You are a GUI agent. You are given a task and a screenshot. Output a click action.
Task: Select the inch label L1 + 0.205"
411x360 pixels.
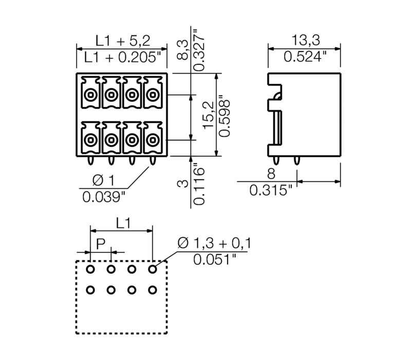[122, 58]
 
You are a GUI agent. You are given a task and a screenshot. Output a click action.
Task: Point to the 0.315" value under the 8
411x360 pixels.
[270, 190]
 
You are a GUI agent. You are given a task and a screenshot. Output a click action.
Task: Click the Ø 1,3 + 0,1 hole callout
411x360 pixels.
[213, 242]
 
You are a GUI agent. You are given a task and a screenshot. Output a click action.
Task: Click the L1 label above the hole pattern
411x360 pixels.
[122, 223]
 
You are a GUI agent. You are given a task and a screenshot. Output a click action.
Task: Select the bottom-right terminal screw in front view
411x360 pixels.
[152, 139]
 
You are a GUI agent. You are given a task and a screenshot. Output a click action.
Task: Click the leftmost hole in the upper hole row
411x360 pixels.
[90, 269]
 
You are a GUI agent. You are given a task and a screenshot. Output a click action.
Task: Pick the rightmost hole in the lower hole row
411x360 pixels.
[152, 290]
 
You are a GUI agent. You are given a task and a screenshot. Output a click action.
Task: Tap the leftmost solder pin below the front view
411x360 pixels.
[90, 161]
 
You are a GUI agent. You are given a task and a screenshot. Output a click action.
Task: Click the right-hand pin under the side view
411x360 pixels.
[296, 161]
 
